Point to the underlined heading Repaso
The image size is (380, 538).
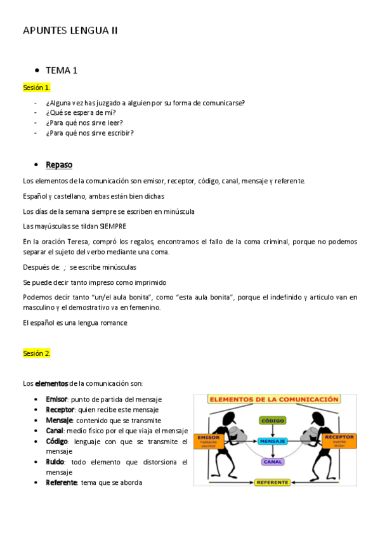click(59, 165)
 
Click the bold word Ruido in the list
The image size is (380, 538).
click(56, 462)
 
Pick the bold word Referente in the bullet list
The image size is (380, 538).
click(61, 482)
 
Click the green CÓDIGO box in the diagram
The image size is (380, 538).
click(272, 420)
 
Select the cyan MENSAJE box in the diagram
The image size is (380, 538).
click(272, 440)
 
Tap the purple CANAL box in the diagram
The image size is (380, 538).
click(272, 461)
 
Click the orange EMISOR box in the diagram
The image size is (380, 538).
click(208, 440)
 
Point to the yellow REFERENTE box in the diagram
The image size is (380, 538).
click(272, 482)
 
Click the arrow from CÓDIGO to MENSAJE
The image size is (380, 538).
click(272, 430)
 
